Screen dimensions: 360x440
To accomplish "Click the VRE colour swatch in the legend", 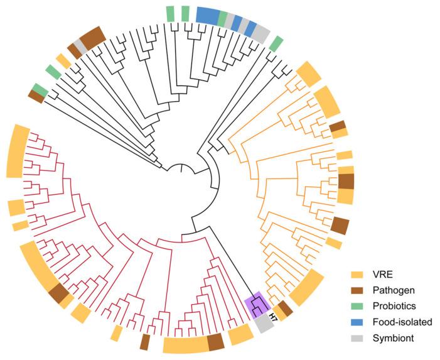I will click(358, 275).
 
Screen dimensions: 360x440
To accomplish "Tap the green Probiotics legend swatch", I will click(358, 307).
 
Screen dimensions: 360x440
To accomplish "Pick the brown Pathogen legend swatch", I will click(358, 291).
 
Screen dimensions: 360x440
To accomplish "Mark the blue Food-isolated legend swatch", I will click(358, 322).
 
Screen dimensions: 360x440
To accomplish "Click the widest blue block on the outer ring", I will click(207, 15).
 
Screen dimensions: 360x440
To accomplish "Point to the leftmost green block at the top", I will click(170, 13).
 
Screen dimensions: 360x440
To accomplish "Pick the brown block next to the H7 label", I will click(284, 308).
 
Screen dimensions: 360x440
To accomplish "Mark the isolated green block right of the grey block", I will click(276, 43).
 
